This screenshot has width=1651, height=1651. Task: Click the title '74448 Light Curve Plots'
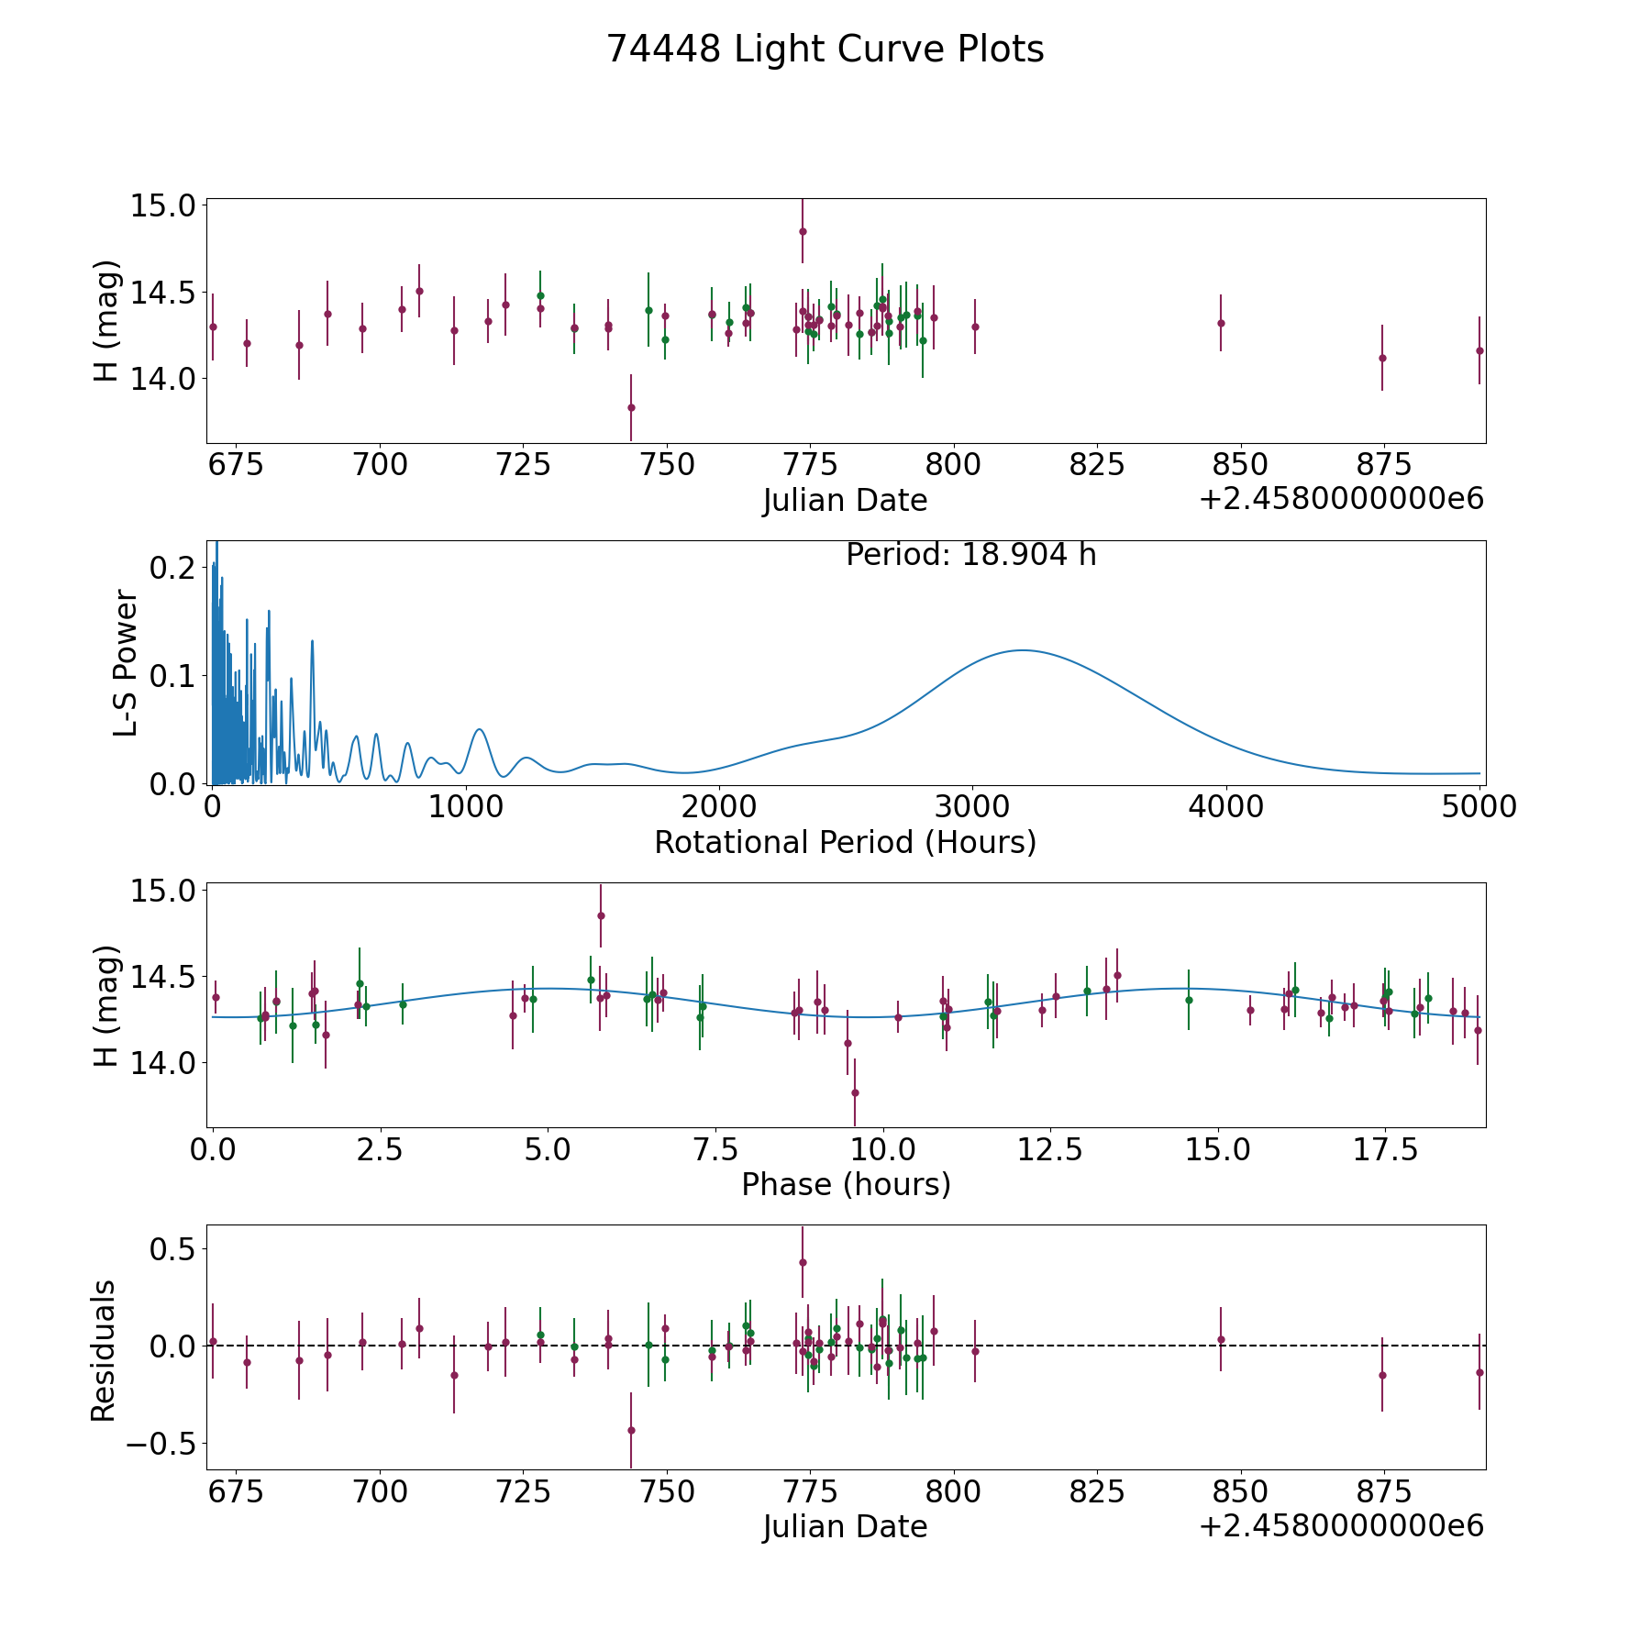click(x=825, y=50)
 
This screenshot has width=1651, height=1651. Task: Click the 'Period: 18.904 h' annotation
click(x=970, y=555)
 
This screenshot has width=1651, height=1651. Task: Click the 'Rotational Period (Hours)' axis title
click(x=845, y=842)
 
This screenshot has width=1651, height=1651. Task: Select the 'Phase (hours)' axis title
click(x=846, y=1184)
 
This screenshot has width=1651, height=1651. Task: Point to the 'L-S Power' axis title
click(x=126, y=662)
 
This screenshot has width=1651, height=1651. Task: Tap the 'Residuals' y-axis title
click(x=104, y=1350)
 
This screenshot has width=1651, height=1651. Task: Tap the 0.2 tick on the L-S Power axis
click(x=172, y=568)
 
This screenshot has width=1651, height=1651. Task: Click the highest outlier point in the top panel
click(x=803, y=231)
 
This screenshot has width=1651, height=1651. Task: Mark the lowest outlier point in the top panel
click(x=631, y=407)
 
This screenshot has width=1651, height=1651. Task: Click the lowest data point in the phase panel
click(x=855, y=1092)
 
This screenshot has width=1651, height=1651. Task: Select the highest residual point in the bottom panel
click(x=803, y=1262)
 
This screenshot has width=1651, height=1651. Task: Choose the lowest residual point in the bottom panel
click(x=631, y=1430)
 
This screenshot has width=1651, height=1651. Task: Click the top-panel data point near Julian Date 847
click(x=1221, y=323)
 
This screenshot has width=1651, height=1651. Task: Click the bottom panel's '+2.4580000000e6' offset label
click(x=1341, y=1526)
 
